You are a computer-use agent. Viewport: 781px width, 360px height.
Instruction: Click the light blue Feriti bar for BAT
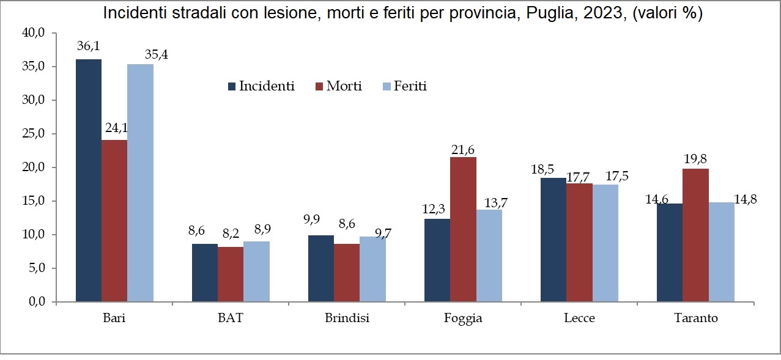256,272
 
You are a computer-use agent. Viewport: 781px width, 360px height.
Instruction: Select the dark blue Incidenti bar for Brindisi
321,268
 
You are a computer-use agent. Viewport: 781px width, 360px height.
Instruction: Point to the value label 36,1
88,46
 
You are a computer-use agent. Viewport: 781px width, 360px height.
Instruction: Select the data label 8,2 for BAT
231,233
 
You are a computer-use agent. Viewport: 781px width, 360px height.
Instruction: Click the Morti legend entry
338,86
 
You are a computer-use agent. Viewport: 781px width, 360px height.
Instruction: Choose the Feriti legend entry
404,86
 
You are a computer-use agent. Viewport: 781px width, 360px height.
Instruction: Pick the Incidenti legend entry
261,86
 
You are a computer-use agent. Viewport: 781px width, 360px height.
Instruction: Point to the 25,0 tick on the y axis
34,134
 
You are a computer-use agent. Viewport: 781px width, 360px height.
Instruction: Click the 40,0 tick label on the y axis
34,33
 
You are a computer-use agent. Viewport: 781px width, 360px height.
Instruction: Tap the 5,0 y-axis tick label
36,268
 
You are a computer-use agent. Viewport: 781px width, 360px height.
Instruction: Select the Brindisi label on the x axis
347,318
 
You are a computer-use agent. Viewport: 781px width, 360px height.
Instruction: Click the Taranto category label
695,318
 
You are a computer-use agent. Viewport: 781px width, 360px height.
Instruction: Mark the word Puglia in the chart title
544,13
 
